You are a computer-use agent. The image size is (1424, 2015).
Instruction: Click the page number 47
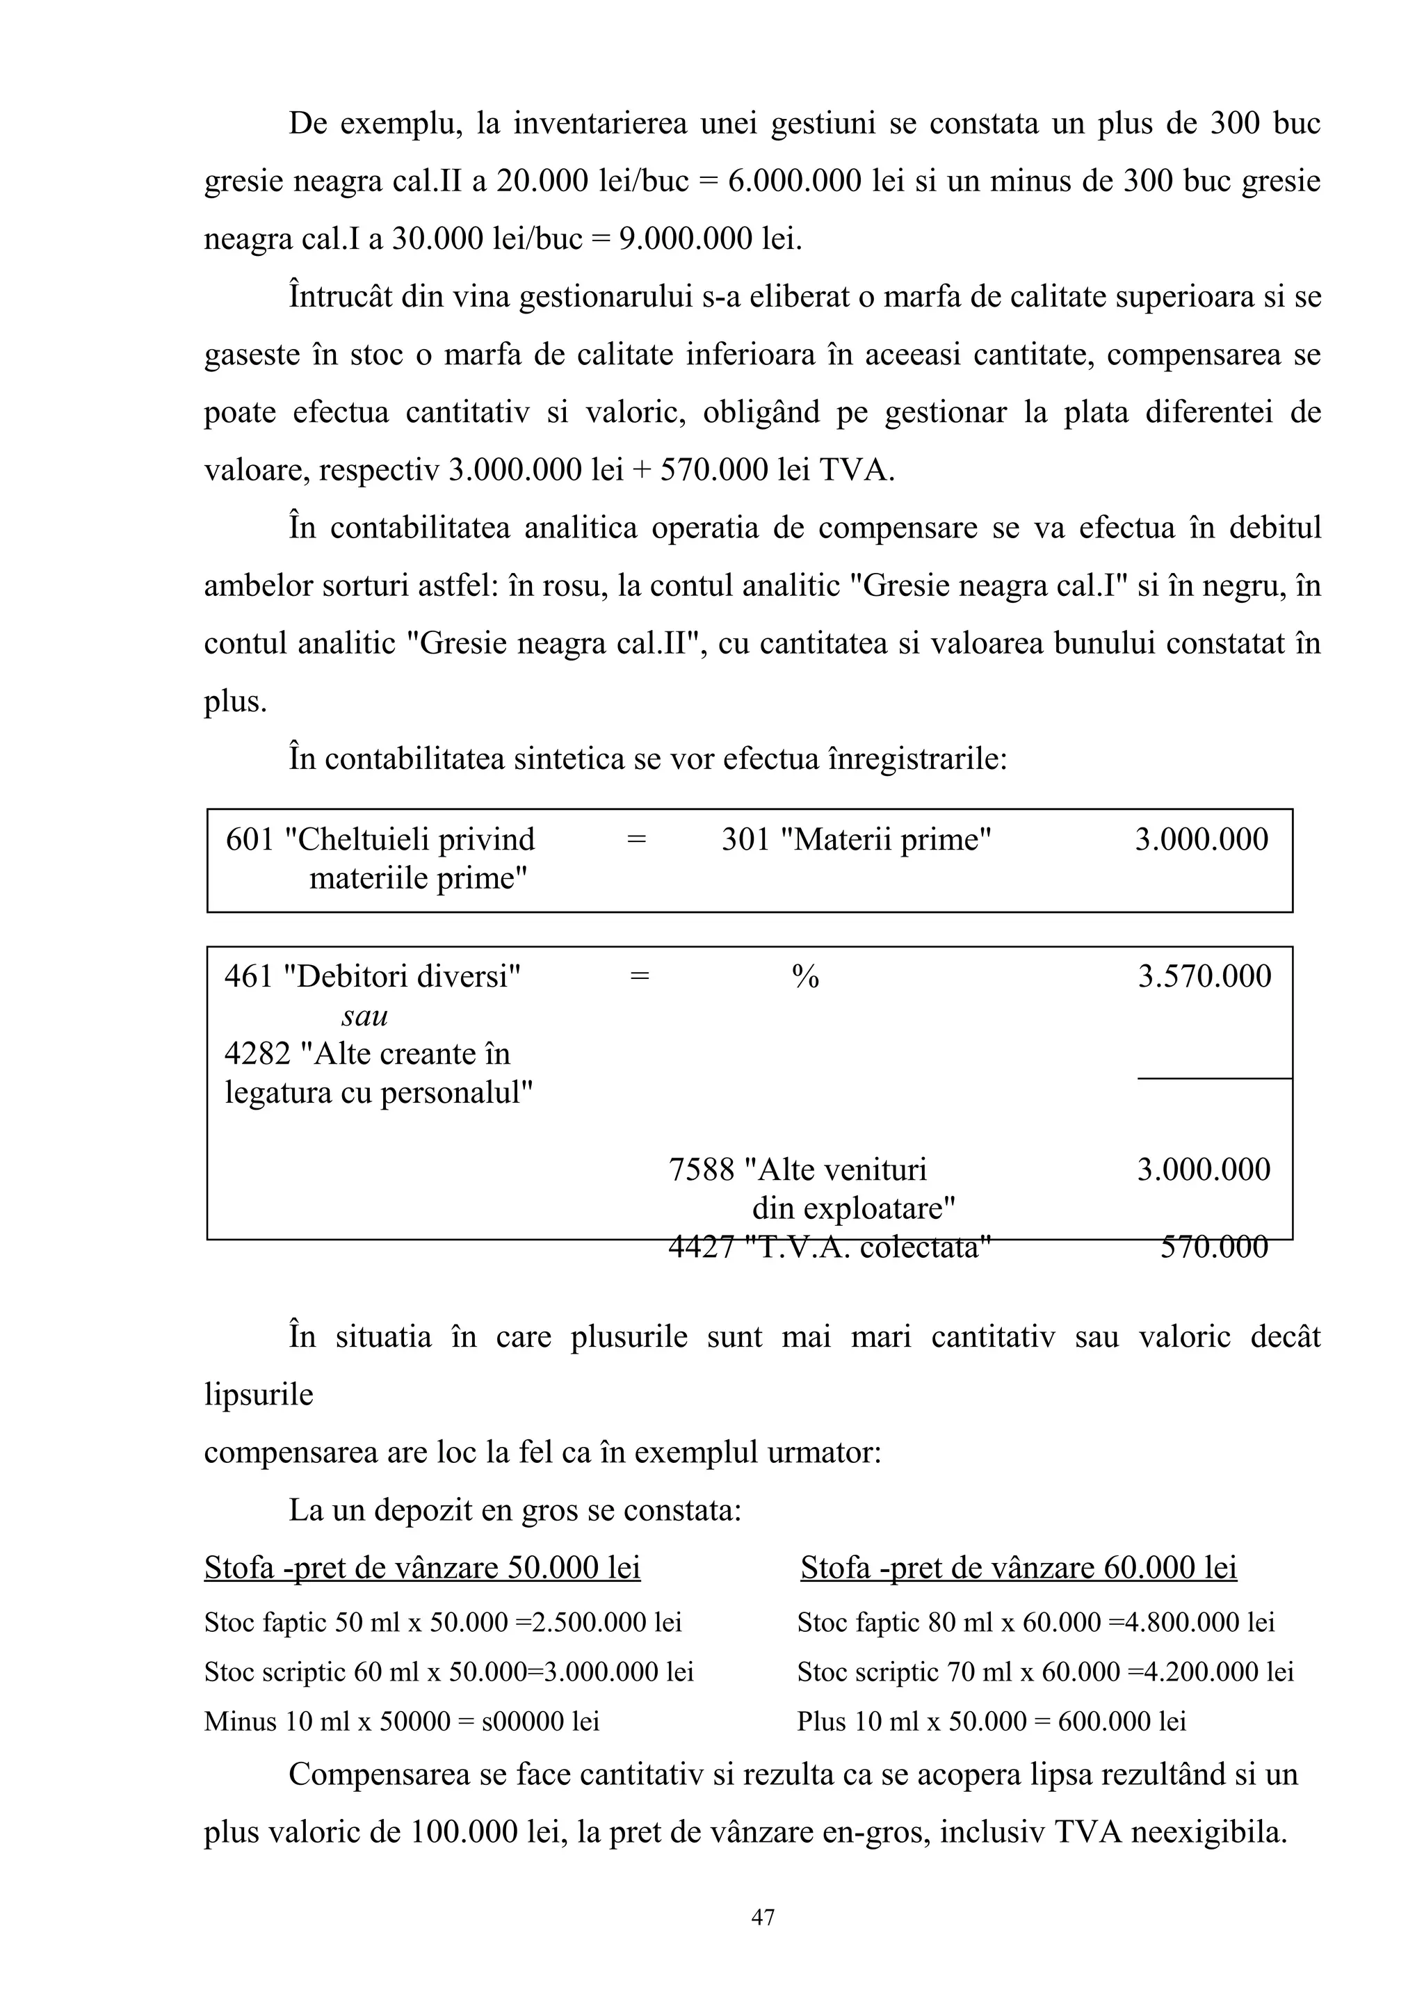763,1917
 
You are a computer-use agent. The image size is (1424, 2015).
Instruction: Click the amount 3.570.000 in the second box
1204,976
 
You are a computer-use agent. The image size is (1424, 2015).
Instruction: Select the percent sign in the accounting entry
804,977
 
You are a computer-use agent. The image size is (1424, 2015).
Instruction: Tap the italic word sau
364,1015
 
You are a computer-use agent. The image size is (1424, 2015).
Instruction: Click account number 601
250,840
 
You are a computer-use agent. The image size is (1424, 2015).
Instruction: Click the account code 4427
701,1246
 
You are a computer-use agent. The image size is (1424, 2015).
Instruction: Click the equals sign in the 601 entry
636,840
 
